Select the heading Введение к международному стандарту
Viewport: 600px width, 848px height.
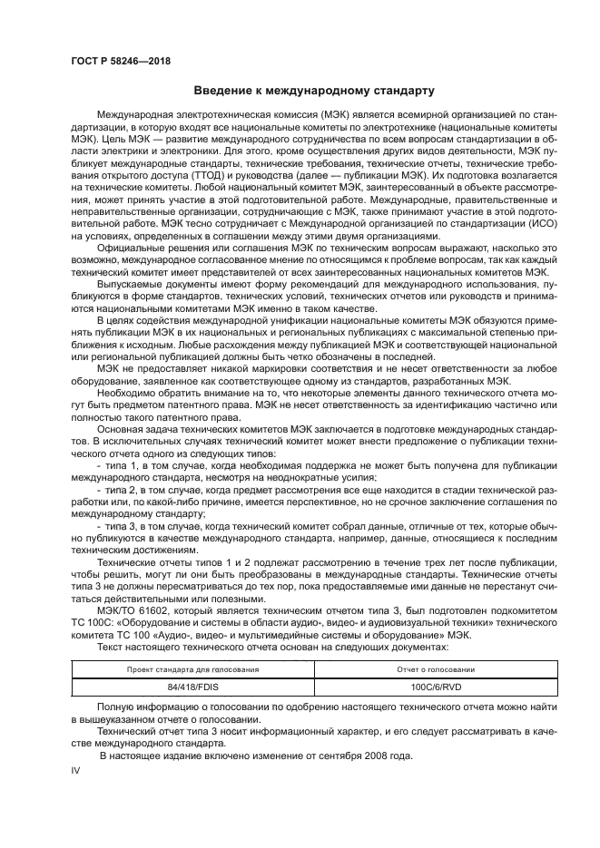click(314, 91)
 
